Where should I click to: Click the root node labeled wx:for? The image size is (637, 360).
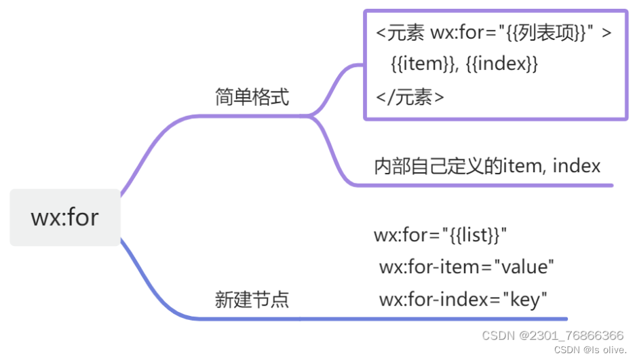click(x=65, y=217)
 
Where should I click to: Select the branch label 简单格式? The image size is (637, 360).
click(x=252, y=98)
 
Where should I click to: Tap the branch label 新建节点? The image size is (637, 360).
click(x=252, y=299)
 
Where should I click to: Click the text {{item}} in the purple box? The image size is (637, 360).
click(x=420, y=64)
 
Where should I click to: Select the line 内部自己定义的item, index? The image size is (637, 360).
click(x=487, y=165)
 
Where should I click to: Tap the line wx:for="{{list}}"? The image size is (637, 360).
click(x=440, y=235)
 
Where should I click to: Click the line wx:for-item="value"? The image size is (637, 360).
click(x=467, y=266)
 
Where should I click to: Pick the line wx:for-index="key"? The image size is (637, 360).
click(x=463, y=298)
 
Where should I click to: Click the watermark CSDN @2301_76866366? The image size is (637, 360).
click(x=552, y=336)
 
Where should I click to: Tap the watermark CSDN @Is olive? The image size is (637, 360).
click(x=590, y=350)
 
